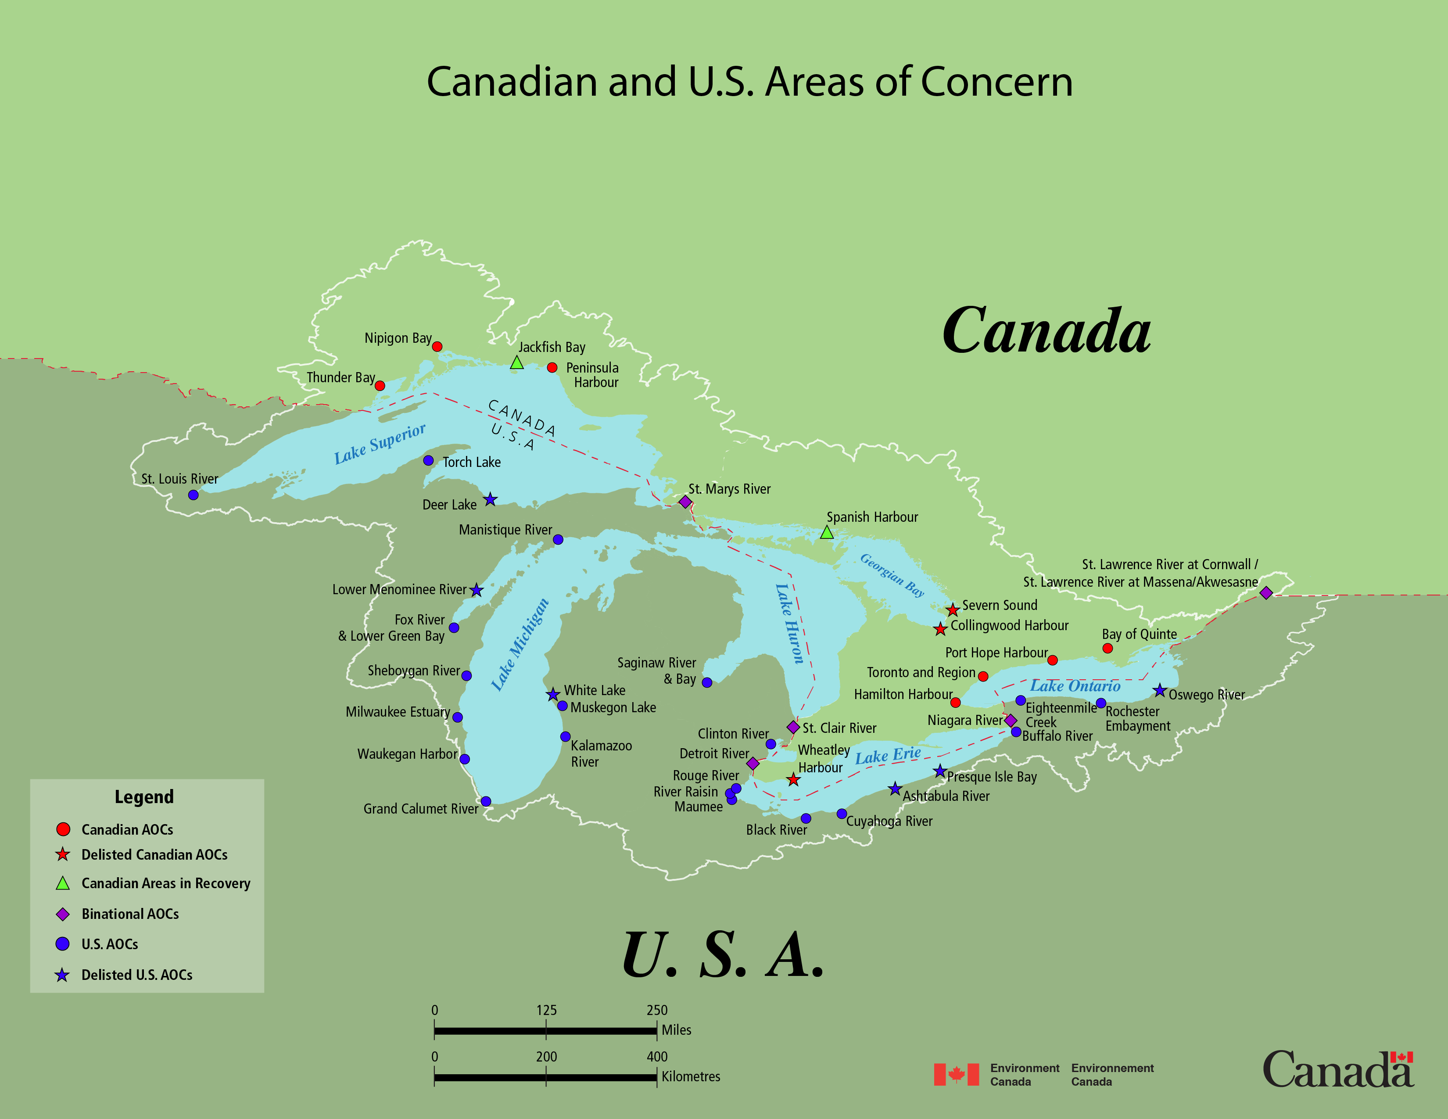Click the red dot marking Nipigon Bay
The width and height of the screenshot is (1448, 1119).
pos(437,347)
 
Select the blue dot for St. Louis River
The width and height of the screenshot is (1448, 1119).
pos(193,495)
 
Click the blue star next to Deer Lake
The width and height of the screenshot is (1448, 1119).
pos(490,499)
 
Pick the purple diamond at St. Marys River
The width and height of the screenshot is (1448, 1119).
pos(685,502)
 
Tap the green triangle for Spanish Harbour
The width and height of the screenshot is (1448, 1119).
pos(827,532)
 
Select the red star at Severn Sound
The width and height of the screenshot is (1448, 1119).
pos(952,609)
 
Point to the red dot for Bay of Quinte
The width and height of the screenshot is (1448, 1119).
pos(1107,648)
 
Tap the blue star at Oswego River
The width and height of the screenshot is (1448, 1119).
pos(1159,691)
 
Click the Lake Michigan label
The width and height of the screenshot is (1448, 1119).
pos(520,644)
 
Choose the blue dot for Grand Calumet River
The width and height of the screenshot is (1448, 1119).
pos(486,801)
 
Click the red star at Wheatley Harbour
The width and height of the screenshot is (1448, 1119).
pos(793,780)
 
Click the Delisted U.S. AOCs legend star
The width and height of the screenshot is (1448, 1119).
pos(62,975)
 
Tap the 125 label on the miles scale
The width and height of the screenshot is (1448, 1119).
pos(546,1010)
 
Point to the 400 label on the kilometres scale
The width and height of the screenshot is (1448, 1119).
pos(657,1057)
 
